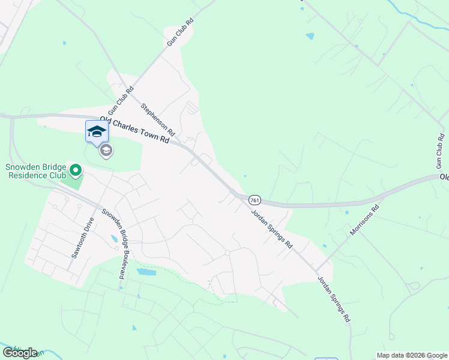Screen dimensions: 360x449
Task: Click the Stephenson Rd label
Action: [157, 119]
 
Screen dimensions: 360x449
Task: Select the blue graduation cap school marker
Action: [96, 132]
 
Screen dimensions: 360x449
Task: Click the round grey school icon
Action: [106, 151]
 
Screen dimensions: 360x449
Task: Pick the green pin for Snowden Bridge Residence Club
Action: [75, 172]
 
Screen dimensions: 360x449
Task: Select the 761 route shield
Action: [254, 199]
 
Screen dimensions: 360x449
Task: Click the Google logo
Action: [20, 353]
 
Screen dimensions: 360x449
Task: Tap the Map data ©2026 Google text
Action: [411, 355]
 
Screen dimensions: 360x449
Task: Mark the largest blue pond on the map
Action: [146, 272]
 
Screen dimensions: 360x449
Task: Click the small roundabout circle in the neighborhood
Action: [228, 253]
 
